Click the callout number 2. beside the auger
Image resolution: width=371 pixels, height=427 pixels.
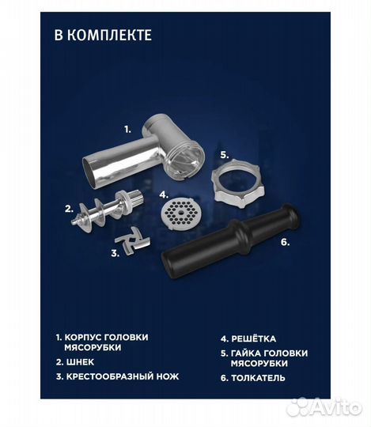point(69,210)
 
